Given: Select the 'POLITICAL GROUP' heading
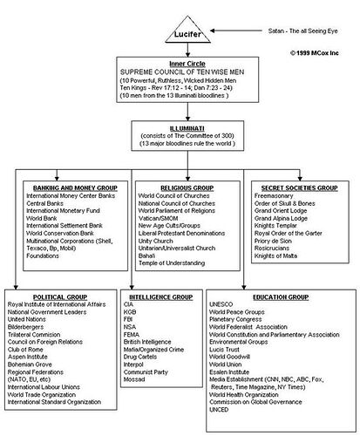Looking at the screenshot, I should (49, 297).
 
